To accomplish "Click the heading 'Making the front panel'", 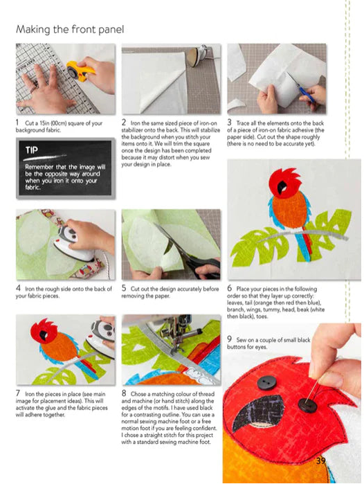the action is (x=70, y=30).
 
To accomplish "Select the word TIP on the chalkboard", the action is (x=32, y=150).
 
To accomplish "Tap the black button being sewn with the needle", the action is (x=307, y=405).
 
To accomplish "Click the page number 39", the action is (x=320, y=460).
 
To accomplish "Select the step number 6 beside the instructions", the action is (x=230, y=288).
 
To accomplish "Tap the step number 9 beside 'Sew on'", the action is (x=229, y=339).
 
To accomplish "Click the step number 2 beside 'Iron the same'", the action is (x=124, y=123).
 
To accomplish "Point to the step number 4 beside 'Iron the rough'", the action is (x=18, y=288).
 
